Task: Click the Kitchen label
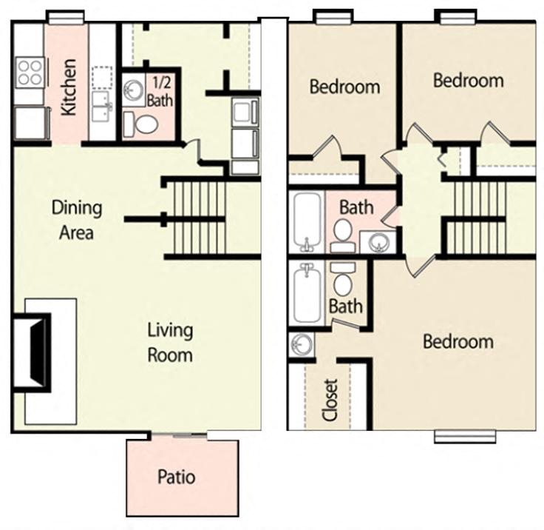[69, 97]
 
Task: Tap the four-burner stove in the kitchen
[30, 73]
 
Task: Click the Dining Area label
[76, 219]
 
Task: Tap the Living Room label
[170, 341]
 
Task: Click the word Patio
[177, 476]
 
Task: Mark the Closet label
[330, 400]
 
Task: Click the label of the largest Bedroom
[458, 341]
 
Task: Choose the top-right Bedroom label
[468, 80]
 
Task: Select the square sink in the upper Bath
[379, 241]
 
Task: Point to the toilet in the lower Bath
[343, 281]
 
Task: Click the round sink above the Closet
[302, 344]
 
